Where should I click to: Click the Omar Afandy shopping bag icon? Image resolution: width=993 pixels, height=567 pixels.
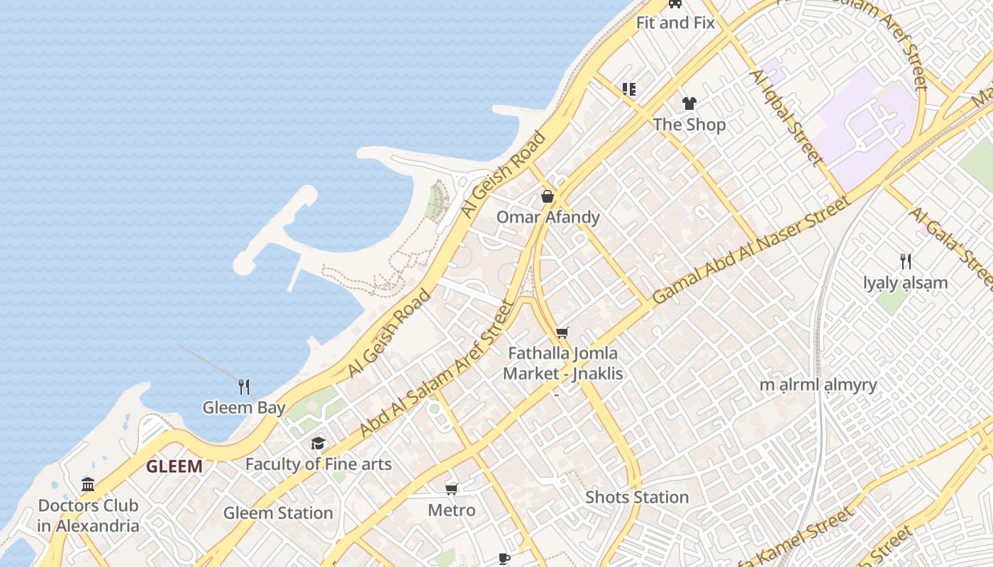548,196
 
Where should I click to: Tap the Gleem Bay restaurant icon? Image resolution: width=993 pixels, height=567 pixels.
244,386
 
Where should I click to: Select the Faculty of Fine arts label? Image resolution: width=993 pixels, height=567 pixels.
318,464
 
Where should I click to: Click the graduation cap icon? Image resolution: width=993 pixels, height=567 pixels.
318,444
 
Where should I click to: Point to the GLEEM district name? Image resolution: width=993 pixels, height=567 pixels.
174,466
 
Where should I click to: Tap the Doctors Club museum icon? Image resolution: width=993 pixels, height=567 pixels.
88,485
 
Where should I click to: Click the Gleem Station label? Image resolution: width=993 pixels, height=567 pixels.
278,512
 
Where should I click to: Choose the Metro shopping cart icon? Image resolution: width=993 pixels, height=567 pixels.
452,489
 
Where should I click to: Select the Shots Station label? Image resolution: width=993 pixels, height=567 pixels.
637,497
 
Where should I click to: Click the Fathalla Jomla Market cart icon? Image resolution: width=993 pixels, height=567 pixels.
562,332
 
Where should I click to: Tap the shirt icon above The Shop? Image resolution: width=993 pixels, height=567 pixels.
689,103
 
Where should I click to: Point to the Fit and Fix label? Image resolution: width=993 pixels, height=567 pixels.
675,22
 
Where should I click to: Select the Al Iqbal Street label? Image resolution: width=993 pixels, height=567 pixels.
788,118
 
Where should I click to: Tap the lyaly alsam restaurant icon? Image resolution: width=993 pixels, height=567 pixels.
906,262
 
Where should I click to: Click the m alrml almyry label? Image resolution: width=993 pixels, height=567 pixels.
819,385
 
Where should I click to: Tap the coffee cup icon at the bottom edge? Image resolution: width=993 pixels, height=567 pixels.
504,558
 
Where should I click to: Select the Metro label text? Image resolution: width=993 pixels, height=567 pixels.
452,510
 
